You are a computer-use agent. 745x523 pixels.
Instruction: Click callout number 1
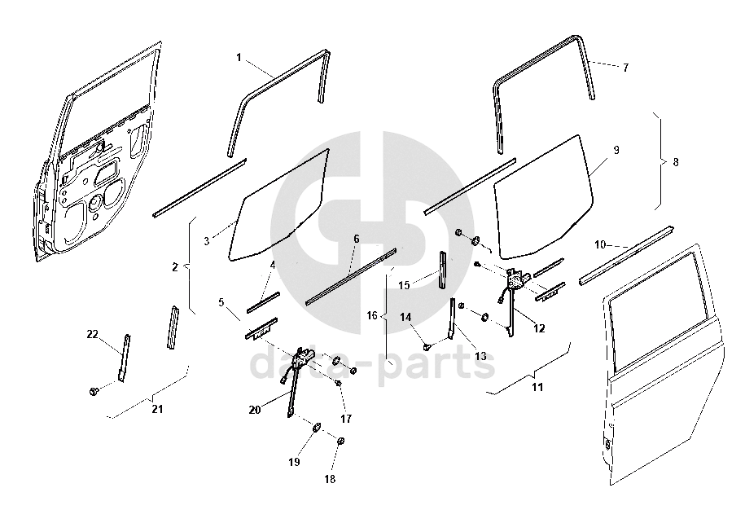pos(239,57)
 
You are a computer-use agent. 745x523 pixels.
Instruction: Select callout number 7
pos(625,68)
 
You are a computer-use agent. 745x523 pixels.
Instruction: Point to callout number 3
pos(207,241)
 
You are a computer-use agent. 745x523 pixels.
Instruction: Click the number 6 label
pos(356,239)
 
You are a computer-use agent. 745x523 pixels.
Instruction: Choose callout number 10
pos(600,244)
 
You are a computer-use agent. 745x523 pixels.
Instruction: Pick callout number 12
pos(538,328)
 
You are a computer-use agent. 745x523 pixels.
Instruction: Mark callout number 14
pos(405,316)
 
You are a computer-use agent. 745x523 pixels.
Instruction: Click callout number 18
pos(330,480)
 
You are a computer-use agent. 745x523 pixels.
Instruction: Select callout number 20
pos(255,410)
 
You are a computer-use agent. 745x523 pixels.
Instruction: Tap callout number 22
pos(92,333)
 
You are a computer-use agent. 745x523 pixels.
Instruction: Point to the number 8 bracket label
pos(674,162)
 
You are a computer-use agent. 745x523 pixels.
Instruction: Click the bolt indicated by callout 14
pos(427,346)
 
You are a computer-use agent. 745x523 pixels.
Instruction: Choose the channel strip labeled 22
pos(125,357)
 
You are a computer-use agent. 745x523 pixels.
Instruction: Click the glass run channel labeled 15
pos(443,268)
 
